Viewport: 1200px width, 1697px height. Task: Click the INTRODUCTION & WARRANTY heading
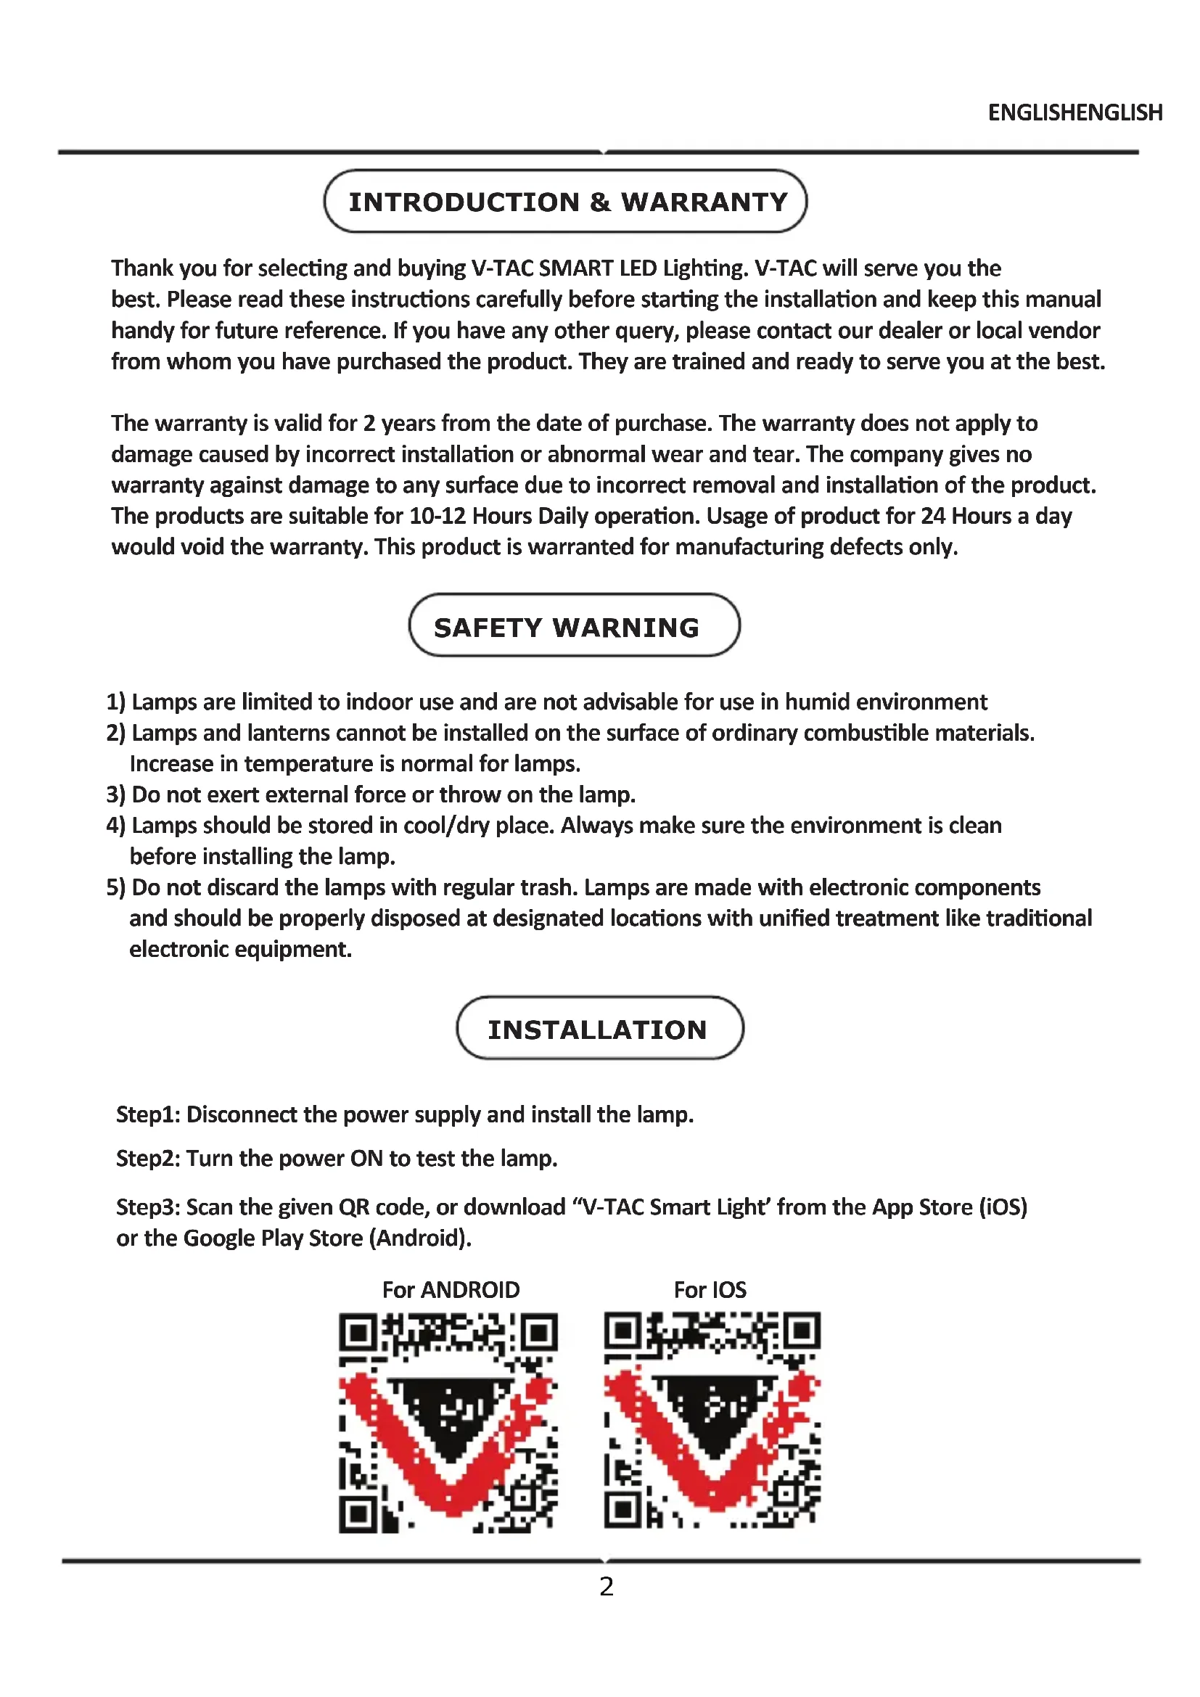[567, 202]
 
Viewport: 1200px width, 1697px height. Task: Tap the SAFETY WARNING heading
[566, 628]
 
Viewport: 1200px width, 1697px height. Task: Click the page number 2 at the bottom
[606, 1586]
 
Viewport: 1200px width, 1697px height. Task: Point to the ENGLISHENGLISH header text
[1075, 112]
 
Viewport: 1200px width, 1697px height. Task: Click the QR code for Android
[448, 1423]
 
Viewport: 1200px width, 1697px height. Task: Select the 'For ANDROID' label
[451, 1290]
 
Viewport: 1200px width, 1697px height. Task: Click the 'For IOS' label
[710, 1290]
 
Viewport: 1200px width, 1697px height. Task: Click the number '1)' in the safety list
[116, 702]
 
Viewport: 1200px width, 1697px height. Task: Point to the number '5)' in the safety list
[116, 887]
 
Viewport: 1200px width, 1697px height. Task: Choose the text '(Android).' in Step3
[424, 1238]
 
